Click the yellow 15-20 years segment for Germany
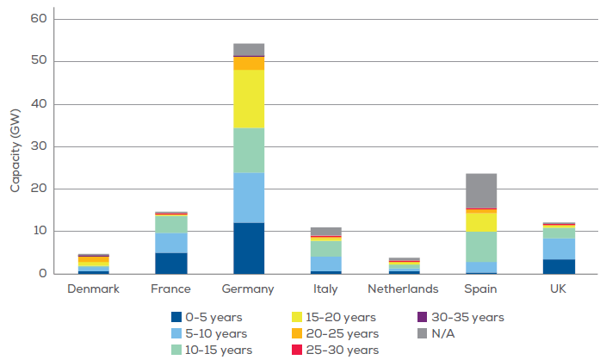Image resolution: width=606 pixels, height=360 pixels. coord(249,99)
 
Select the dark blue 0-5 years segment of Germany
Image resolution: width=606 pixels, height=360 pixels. coord(249,248)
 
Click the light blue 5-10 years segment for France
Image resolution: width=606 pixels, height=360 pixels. coord(171,243)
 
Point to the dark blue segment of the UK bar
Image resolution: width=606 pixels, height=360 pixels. coord(559,266)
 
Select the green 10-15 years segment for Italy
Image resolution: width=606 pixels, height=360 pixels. coord(326,248)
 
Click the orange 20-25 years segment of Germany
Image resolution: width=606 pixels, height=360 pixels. coord(249,63)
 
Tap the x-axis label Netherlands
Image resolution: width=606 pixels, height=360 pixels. coord(404,289)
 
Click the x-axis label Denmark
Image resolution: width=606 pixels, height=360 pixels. coord(94,289)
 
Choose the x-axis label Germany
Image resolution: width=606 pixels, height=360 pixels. coord(249,289)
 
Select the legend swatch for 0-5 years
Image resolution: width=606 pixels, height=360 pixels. coord(177,317)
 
